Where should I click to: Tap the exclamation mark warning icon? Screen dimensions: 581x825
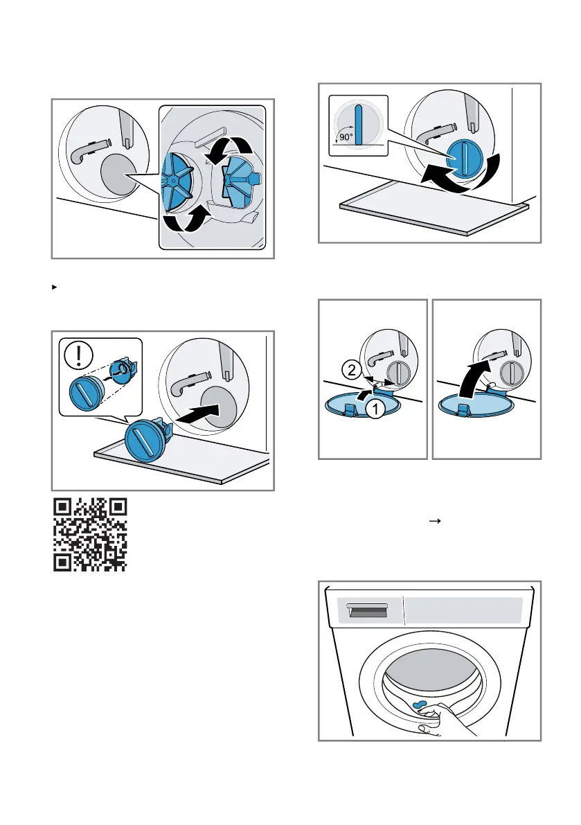[x=78, y=356]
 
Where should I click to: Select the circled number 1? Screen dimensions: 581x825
[x=373, y=410]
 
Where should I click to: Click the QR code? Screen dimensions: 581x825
[x=90, y=535]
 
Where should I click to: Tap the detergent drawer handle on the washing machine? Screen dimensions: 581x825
[x=366, y=610]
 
